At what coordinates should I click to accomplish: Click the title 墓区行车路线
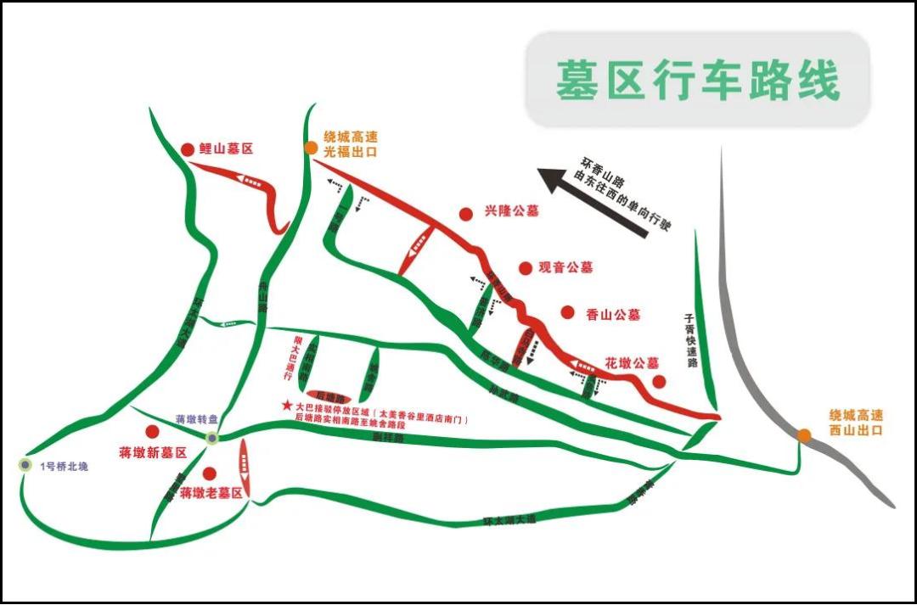(x=697, y=81)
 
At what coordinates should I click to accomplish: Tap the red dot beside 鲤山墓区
(x=188, y=149)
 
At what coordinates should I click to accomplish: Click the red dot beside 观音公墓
(x=526, y=267)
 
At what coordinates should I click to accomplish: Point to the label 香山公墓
(x=613, y=314)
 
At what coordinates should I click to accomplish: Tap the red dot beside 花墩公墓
(x=658, y=381)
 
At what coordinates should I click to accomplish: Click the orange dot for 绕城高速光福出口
(x=312, y=148)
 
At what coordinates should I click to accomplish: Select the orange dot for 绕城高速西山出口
(x=803, y=435)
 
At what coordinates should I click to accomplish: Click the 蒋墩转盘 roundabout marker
(x=212, y=437)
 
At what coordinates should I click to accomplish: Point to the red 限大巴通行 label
(x=286, y=361)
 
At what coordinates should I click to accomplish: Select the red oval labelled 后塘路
(x=329, y=396)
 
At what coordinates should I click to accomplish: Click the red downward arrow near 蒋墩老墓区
(x=244, y=461)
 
